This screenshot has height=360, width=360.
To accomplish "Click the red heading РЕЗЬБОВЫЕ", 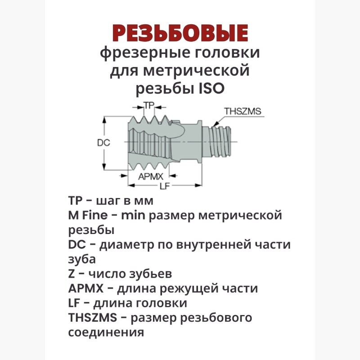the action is coord(180,33).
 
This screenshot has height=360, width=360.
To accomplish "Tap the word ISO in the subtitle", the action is coord(211,89).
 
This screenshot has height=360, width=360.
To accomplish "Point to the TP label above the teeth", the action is coord(149,105).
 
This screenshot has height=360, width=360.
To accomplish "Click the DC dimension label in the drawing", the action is coord(103,143).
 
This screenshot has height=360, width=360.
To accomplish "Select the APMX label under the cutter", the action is coord(151,176).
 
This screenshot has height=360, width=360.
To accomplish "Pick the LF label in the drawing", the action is coord(164,186).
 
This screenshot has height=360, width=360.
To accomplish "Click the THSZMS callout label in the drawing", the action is coord(243,111).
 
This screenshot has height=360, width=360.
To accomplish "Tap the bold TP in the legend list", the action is coord(75,201).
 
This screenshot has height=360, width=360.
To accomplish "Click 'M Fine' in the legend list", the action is coord(88,216).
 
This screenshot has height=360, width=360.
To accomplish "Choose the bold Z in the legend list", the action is coord(72,274).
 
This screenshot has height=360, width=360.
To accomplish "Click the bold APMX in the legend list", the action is coord(86,288).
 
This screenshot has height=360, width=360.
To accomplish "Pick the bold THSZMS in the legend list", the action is coord(93,318).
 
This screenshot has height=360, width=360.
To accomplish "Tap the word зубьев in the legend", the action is coord(150,274).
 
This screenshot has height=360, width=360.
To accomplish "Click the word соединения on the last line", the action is coord(106,333).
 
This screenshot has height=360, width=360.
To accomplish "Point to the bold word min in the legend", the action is coord(133,216).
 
